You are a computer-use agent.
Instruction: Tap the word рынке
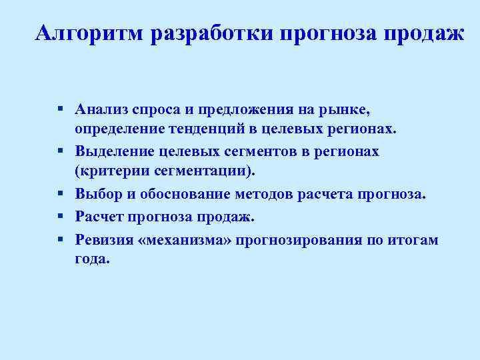pyautogui.click(x=347, y=109)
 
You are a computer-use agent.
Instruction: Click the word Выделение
pyautogui.click(x=112, y=151)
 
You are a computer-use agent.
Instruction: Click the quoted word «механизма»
pyautogui.click(x=179, y=240)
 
